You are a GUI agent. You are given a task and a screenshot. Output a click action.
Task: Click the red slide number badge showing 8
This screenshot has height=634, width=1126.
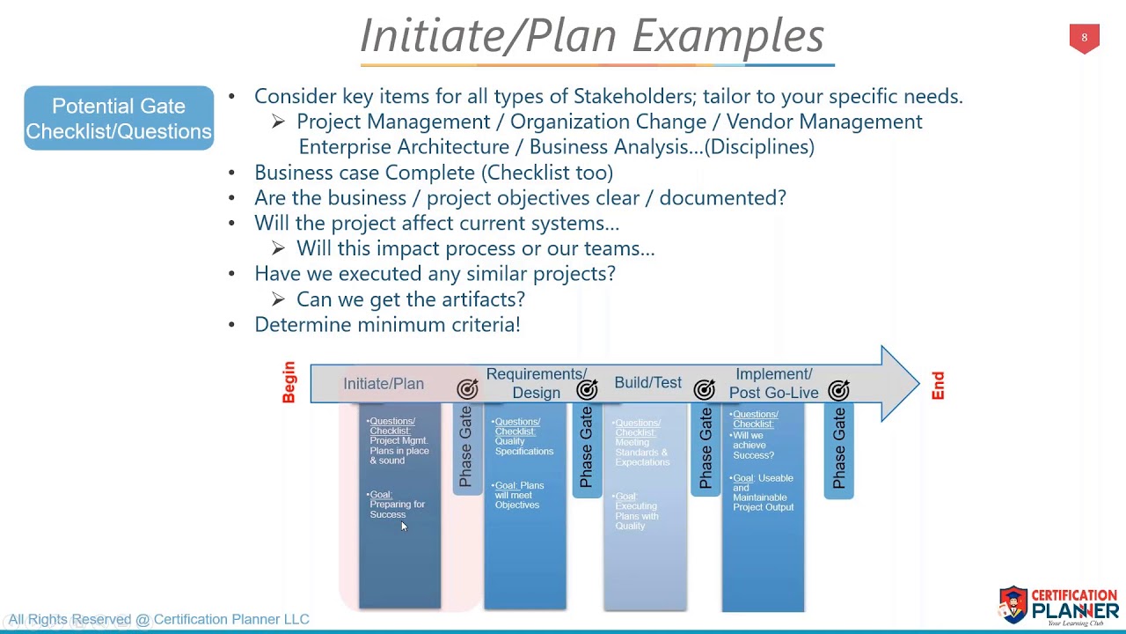(x=1084, y=39)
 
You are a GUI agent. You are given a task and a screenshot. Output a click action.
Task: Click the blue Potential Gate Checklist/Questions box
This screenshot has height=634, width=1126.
(x=119, y=118)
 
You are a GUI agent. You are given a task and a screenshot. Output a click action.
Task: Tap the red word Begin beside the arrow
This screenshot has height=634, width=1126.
(x=289, y=382)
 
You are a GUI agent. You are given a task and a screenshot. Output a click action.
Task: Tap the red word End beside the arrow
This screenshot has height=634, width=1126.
(x=938, y=386)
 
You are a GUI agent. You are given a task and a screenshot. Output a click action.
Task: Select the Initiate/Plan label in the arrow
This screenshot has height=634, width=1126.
(x=384, y=384)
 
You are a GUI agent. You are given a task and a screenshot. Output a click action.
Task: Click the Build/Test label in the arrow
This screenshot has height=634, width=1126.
(x=647, y=383)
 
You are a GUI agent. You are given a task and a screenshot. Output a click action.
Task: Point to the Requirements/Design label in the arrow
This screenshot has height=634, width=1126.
(x=536, y=383)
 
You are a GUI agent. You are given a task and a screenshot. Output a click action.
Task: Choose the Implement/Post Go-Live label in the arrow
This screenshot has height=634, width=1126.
(x=773, y=383)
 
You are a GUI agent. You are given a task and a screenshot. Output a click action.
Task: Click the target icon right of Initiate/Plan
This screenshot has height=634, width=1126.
(x=467, y=388)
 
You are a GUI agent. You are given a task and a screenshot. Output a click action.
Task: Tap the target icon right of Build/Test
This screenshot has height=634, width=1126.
(x=704, y=388)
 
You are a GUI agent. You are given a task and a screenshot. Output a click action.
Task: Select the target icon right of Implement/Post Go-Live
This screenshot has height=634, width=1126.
(x=839, y=388)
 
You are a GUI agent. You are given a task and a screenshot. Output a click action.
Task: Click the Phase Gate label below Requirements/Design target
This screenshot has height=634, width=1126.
(x=586, y=448)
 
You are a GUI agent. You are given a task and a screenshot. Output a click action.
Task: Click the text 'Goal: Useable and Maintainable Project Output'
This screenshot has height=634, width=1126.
(x=763, y=492)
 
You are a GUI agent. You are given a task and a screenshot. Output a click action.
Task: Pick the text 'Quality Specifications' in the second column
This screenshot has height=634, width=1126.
(x=523, y=446)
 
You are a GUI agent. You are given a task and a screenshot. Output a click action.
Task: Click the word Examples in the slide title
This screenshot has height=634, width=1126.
(x=728, y=36)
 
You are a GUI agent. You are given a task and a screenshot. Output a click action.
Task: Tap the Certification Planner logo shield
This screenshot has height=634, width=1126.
(x=1013, y=604)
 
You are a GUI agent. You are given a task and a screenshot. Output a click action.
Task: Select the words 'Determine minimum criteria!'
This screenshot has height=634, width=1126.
(x=387, y=325)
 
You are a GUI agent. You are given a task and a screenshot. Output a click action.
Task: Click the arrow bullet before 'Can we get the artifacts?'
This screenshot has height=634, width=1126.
(x=278, y=299)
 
